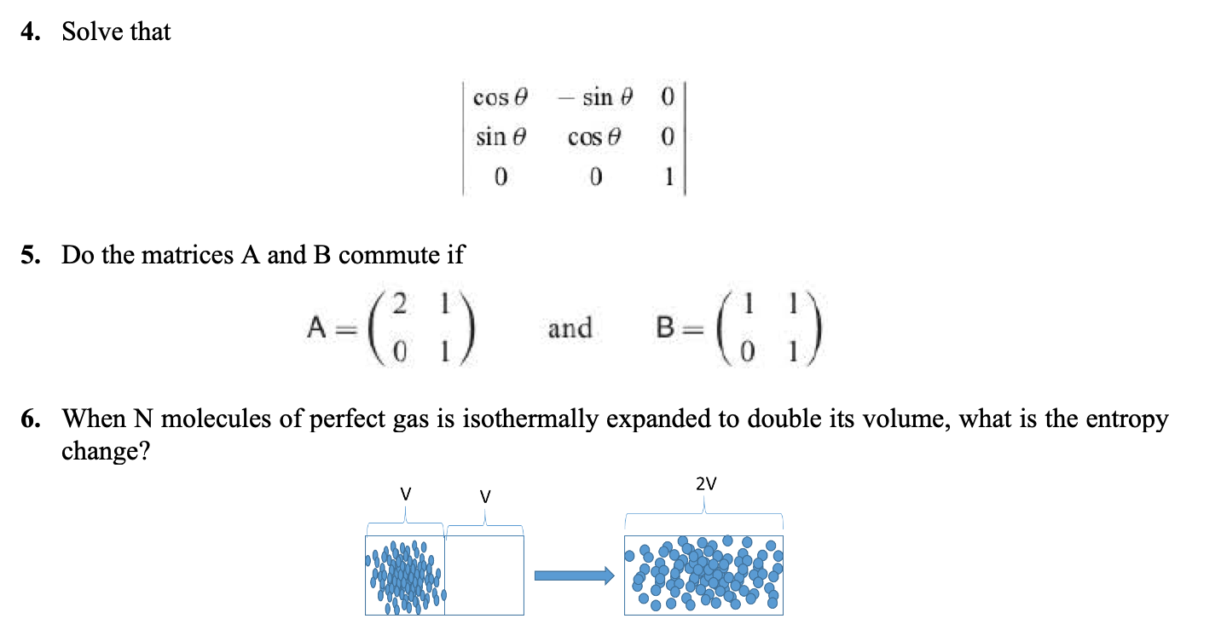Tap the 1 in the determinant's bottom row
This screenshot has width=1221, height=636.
tap(669, 177)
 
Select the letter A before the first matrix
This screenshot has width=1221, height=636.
tap(316, 327)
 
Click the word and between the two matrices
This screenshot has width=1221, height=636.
tap(569, 327)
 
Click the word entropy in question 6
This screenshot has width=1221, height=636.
tap(1126, 419)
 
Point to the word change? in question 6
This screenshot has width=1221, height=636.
tap(105, 450)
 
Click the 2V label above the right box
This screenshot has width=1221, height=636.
tap(705, 484)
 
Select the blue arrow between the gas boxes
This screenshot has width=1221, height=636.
tap(574, 576)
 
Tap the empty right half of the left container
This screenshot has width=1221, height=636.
tap(483, 575)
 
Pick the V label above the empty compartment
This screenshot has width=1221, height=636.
tap(484, 495)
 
